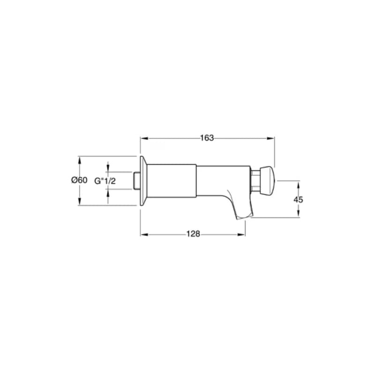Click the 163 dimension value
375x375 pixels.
[x=207, y=138]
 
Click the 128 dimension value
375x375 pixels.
[x=193, y=233]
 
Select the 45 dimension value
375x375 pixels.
[x=298, y=200]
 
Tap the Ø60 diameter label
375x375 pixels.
[x=79, y=180]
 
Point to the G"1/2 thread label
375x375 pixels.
[x=105, y=181]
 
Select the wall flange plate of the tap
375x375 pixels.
[x=143, y=180]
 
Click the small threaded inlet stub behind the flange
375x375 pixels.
[x=136, y=180]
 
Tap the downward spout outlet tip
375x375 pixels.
[x=245, y=216]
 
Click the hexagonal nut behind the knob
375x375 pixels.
[x=255, y=180]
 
